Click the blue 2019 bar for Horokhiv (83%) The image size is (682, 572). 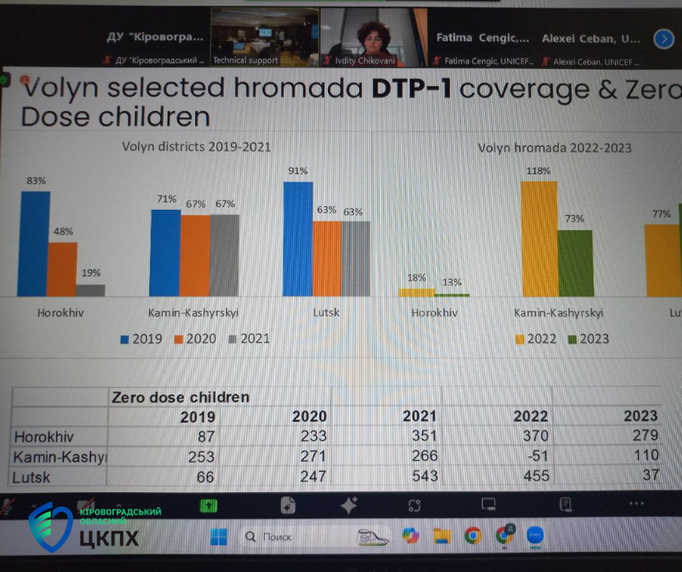tap(35, 243)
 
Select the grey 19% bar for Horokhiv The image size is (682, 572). tap(90, 290)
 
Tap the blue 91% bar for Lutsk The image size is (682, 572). tap(297, 239)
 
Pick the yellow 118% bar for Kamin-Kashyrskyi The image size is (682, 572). tap(539, 239)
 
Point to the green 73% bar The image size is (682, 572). tap(575, 263)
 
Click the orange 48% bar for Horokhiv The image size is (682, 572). tap(62, 269)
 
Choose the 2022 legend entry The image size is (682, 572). tap(539, 339)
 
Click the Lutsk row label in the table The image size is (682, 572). tap(33, 477)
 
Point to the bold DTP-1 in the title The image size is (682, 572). tap(412, 89)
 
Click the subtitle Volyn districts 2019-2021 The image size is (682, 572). tap(196, 147)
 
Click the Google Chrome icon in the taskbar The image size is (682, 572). tap(472, 536)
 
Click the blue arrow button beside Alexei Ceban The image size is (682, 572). tap(663, 38)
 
